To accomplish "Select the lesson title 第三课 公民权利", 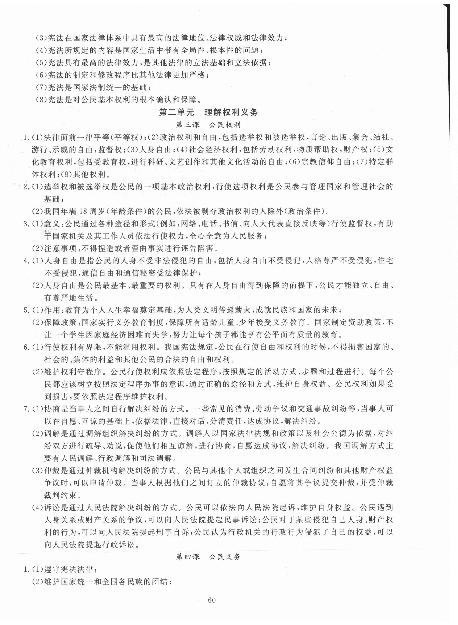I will (209, 125).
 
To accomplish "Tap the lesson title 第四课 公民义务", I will (209, 557).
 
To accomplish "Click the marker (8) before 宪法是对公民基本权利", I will (42, 99).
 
